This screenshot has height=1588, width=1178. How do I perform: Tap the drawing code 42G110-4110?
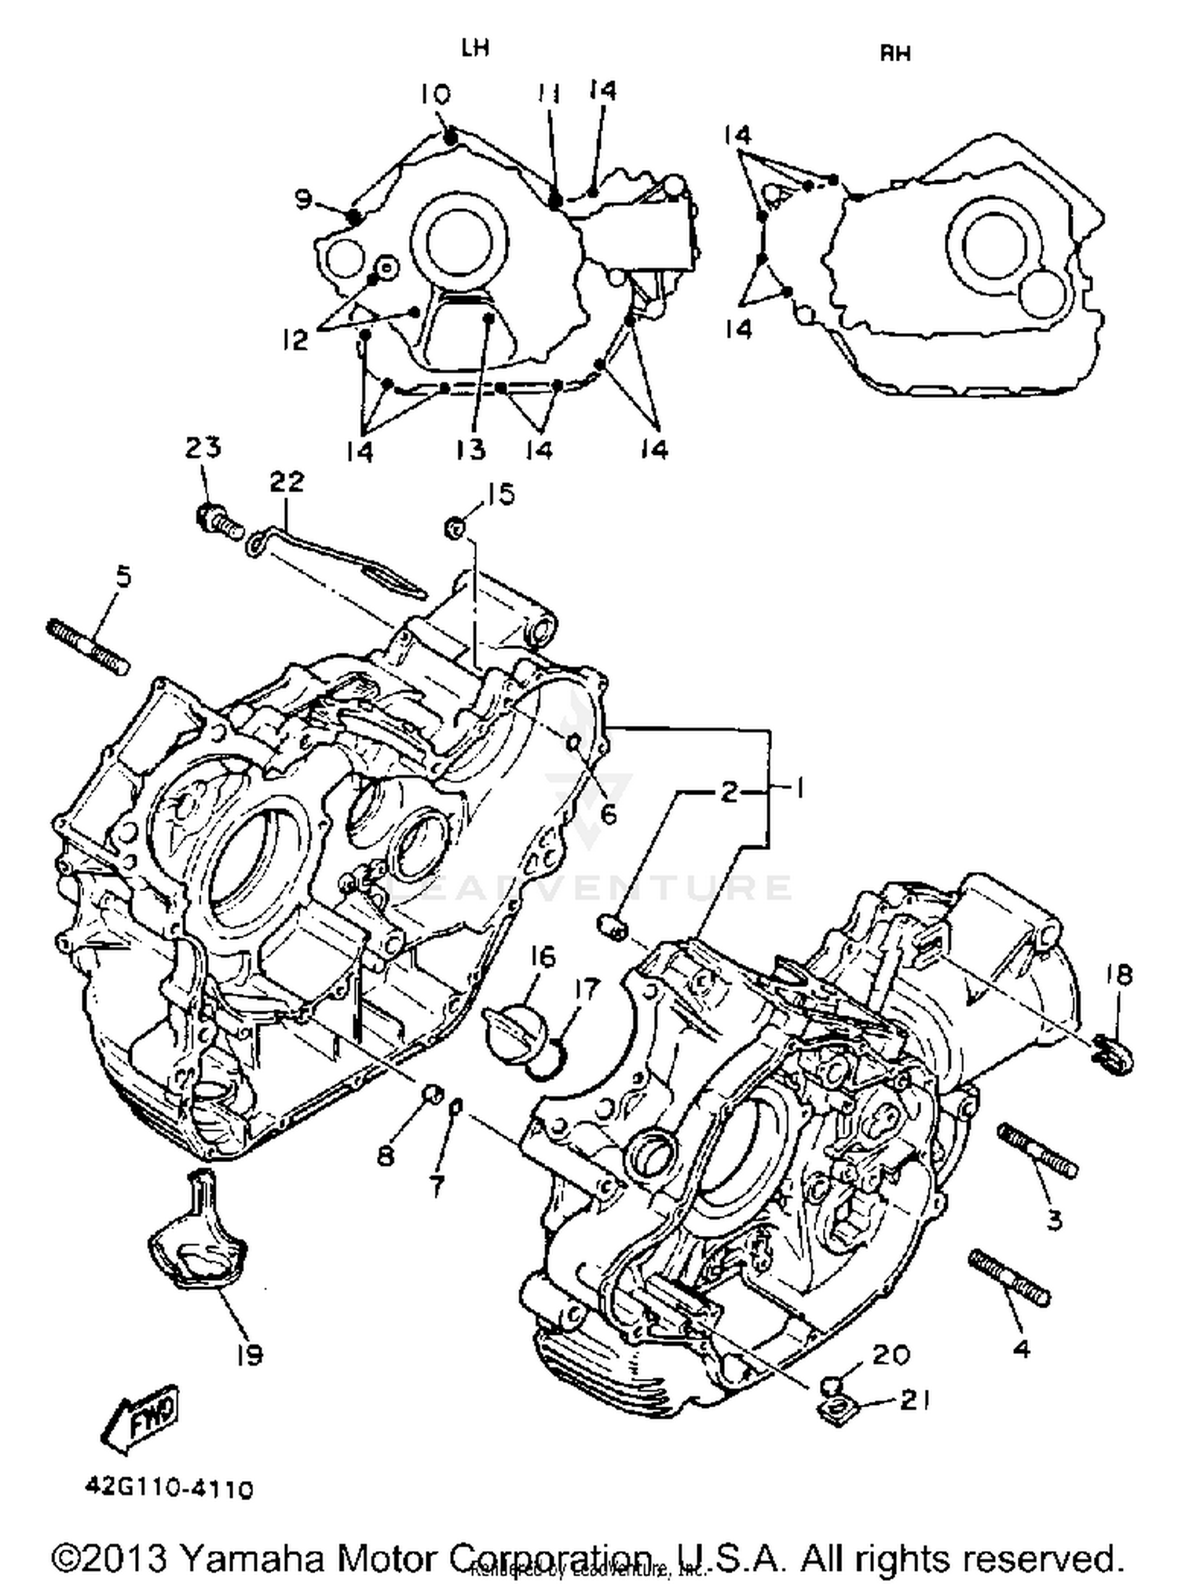coord(170,1489)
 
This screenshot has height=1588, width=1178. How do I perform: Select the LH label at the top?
coord(476,49)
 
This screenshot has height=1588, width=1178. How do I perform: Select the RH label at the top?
coord(894,53)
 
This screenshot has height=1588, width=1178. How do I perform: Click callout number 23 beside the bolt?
coord(203,448)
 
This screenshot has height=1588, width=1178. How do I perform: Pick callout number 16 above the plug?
coord(542,957)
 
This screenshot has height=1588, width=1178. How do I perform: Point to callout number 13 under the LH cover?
coord(471,449)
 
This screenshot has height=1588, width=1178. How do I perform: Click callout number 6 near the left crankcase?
coord(609,814)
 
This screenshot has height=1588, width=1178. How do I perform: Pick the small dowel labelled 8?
coord(432,1093)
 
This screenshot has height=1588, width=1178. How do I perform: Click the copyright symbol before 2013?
coord(69,1559)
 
